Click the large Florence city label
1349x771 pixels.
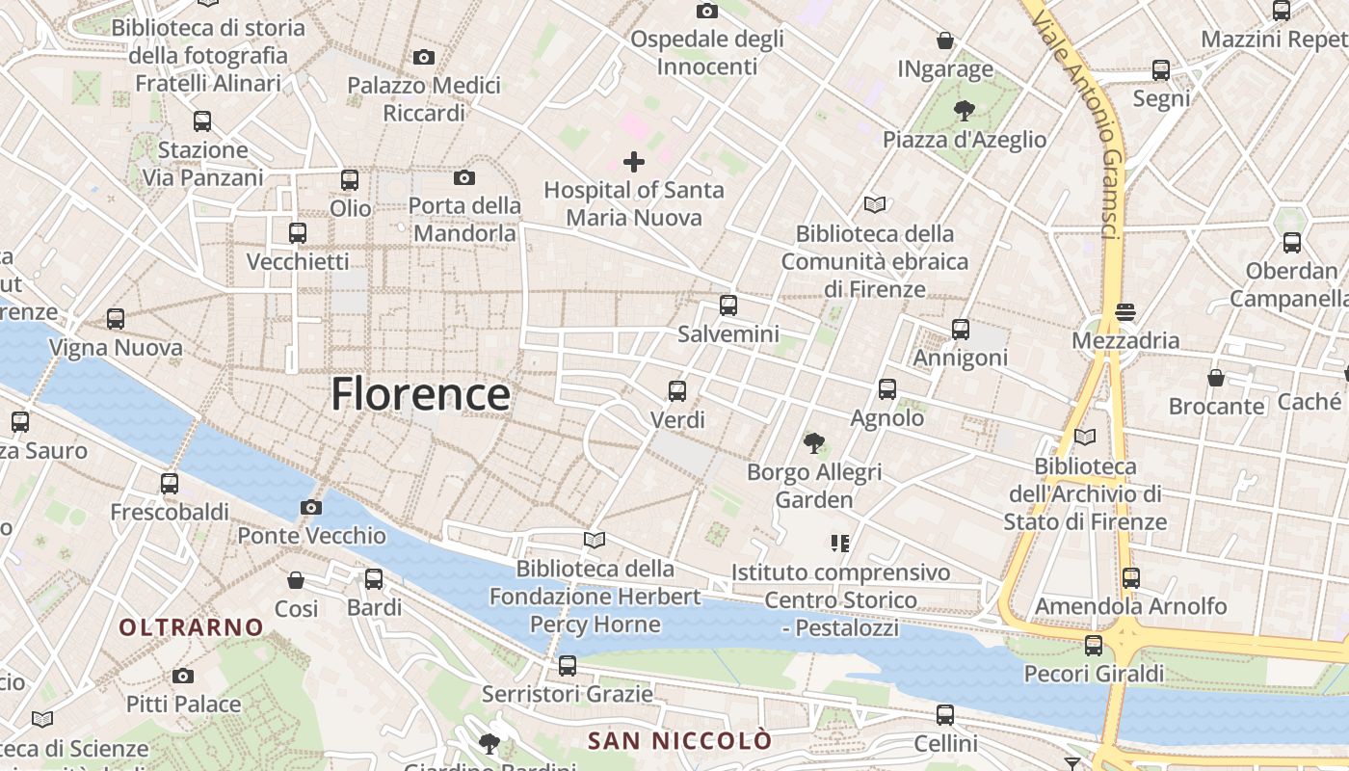421,394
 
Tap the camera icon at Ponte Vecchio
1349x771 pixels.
310,507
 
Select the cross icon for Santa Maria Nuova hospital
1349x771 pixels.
633,161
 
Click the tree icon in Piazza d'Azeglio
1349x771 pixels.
964,111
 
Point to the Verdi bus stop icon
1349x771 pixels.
677,391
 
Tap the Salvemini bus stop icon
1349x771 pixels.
728,306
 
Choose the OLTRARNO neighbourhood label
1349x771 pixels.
191,627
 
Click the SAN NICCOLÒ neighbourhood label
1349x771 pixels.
680,741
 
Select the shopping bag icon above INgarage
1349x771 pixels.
945,41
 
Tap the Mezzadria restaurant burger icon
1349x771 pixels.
1124,312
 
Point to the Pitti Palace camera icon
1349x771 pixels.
183,676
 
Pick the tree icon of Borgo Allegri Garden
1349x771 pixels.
814,443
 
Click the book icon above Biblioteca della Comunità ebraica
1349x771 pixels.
875,204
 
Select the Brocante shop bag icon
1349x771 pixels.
1216,378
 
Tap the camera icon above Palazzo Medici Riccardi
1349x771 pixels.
423,58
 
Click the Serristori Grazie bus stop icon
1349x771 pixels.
568,665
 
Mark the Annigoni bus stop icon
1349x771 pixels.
961,330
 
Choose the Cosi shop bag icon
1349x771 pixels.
296,580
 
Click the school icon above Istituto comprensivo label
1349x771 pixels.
840,544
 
